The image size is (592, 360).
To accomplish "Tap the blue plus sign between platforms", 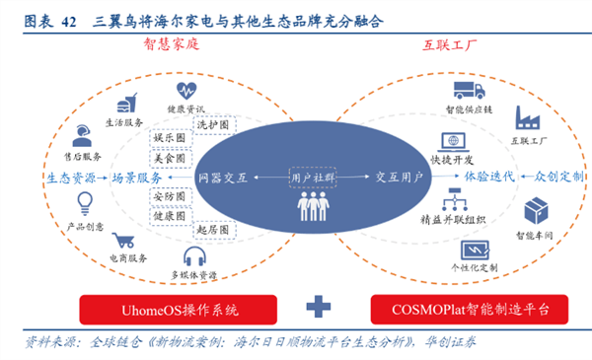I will click(x=317, y=308).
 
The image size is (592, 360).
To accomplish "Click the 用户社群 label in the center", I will click(x=312, y=177).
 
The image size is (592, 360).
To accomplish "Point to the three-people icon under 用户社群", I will click(x=312, y=205).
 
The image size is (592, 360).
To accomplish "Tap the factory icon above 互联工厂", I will click(x=524, y=120).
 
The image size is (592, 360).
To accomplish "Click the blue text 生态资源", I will click(x=70, y=178).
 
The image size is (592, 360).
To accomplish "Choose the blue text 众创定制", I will click(x=558, y=176).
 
